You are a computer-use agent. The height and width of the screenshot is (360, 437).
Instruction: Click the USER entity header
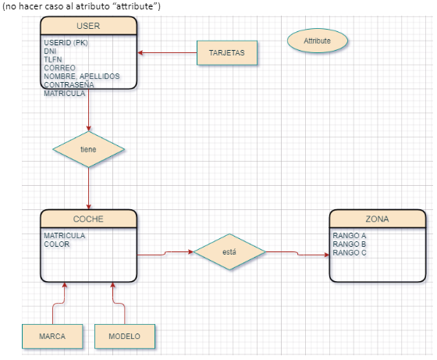[89, 27]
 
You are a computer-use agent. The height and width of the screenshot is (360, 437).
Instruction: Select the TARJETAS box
[226, 52]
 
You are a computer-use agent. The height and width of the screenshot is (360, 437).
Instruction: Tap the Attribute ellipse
[317, 40]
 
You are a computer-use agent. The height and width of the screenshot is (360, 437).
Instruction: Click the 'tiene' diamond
[88, 148]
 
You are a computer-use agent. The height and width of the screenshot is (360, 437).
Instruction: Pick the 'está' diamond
[229, 252]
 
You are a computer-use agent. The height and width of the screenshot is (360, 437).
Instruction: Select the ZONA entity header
[377, 219]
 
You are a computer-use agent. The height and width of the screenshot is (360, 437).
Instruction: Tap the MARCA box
[52, 336]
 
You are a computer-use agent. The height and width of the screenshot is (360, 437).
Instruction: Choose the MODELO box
[124, 336]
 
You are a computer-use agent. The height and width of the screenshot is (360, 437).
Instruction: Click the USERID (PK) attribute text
[66, 43]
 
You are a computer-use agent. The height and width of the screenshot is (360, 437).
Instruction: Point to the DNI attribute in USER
[50, 51]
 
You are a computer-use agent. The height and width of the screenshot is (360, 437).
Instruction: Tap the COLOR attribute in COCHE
[56, 244]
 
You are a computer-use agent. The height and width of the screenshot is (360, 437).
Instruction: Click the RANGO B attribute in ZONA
[349, 244]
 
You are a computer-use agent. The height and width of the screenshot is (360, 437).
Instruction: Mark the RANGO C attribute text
[349, 252]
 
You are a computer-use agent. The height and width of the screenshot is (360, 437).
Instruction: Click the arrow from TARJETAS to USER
[167, 53]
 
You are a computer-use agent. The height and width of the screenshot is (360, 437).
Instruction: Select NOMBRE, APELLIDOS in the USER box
[82, 76]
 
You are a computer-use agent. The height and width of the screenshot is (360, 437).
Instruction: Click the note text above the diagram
[81, 6]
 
